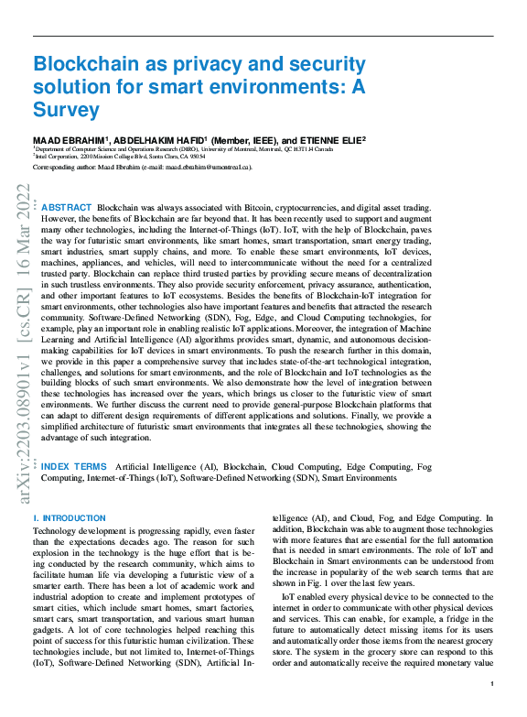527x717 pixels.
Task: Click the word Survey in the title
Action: pos(66,111)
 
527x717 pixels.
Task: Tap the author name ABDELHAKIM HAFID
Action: pos(158,139)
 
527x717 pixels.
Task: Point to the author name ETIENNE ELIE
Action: pos(330,139)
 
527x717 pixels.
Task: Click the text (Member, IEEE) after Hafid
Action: pos(242,139)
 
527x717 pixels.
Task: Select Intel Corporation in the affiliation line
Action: pos(63,157)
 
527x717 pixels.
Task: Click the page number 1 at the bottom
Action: pos(491,684)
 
